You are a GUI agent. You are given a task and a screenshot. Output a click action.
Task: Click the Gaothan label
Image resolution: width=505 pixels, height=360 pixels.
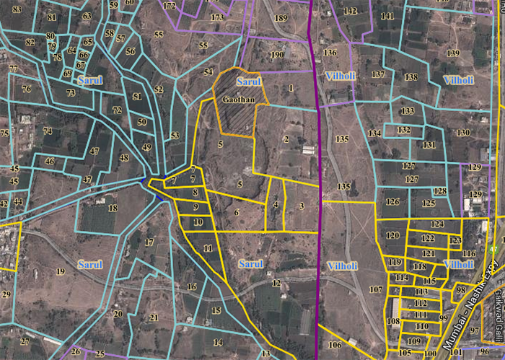[239, 98]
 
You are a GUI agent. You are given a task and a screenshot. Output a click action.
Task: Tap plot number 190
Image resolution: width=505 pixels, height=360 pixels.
[277, 55]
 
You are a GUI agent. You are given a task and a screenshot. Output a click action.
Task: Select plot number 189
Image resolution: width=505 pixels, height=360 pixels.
[281, 18]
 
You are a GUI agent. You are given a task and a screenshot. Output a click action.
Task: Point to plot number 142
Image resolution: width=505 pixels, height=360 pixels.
[351, 11]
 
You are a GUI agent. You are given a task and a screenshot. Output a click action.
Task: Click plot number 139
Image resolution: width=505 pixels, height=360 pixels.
[453, 53]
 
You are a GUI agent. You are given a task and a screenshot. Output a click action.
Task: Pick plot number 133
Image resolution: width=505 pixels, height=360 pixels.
[408, 111]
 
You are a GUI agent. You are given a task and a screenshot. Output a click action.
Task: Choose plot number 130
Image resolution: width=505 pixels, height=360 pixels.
[462, 133]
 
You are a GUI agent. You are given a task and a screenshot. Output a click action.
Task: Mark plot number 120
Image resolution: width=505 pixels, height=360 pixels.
[392, 236]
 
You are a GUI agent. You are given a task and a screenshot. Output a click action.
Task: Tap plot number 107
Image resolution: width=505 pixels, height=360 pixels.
[375, 289]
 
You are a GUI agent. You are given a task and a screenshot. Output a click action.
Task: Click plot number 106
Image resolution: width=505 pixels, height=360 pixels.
[335, 345]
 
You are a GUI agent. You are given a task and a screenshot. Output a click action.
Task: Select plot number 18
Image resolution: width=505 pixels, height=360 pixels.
[113, 208]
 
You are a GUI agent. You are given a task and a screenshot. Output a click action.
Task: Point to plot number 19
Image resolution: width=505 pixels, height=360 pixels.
[61, 271]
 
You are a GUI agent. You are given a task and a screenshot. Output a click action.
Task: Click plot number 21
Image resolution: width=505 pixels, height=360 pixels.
[154, 317]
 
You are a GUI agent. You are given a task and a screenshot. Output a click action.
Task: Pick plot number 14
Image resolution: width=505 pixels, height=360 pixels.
[218, 343]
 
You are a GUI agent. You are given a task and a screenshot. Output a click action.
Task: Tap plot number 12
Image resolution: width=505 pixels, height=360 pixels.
[276, 282]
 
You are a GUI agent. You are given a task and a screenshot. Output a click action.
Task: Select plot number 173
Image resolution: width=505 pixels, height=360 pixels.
[217, 17]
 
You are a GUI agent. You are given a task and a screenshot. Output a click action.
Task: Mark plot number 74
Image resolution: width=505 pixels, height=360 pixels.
[48, 131]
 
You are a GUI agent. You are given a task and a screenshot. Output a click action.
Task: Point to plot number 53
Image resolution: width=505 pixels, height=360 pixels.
[175, 136]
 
